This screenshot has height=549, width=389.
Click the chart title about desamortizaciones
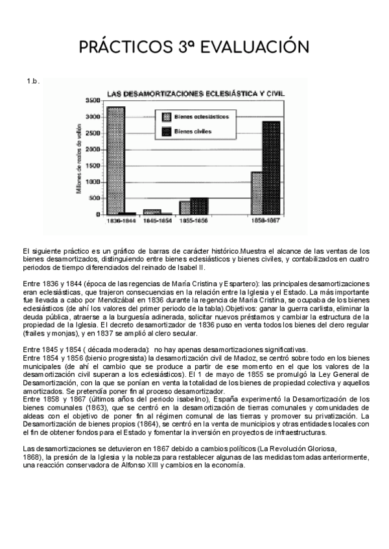pos(195,93)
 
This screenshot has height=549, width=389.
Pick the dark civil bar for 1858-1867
pos(271,168)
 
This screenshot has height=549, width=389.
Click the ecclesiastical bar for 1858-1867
pos(257,192)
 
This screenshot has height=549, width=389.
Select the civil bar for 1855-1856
pos(199,206)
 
